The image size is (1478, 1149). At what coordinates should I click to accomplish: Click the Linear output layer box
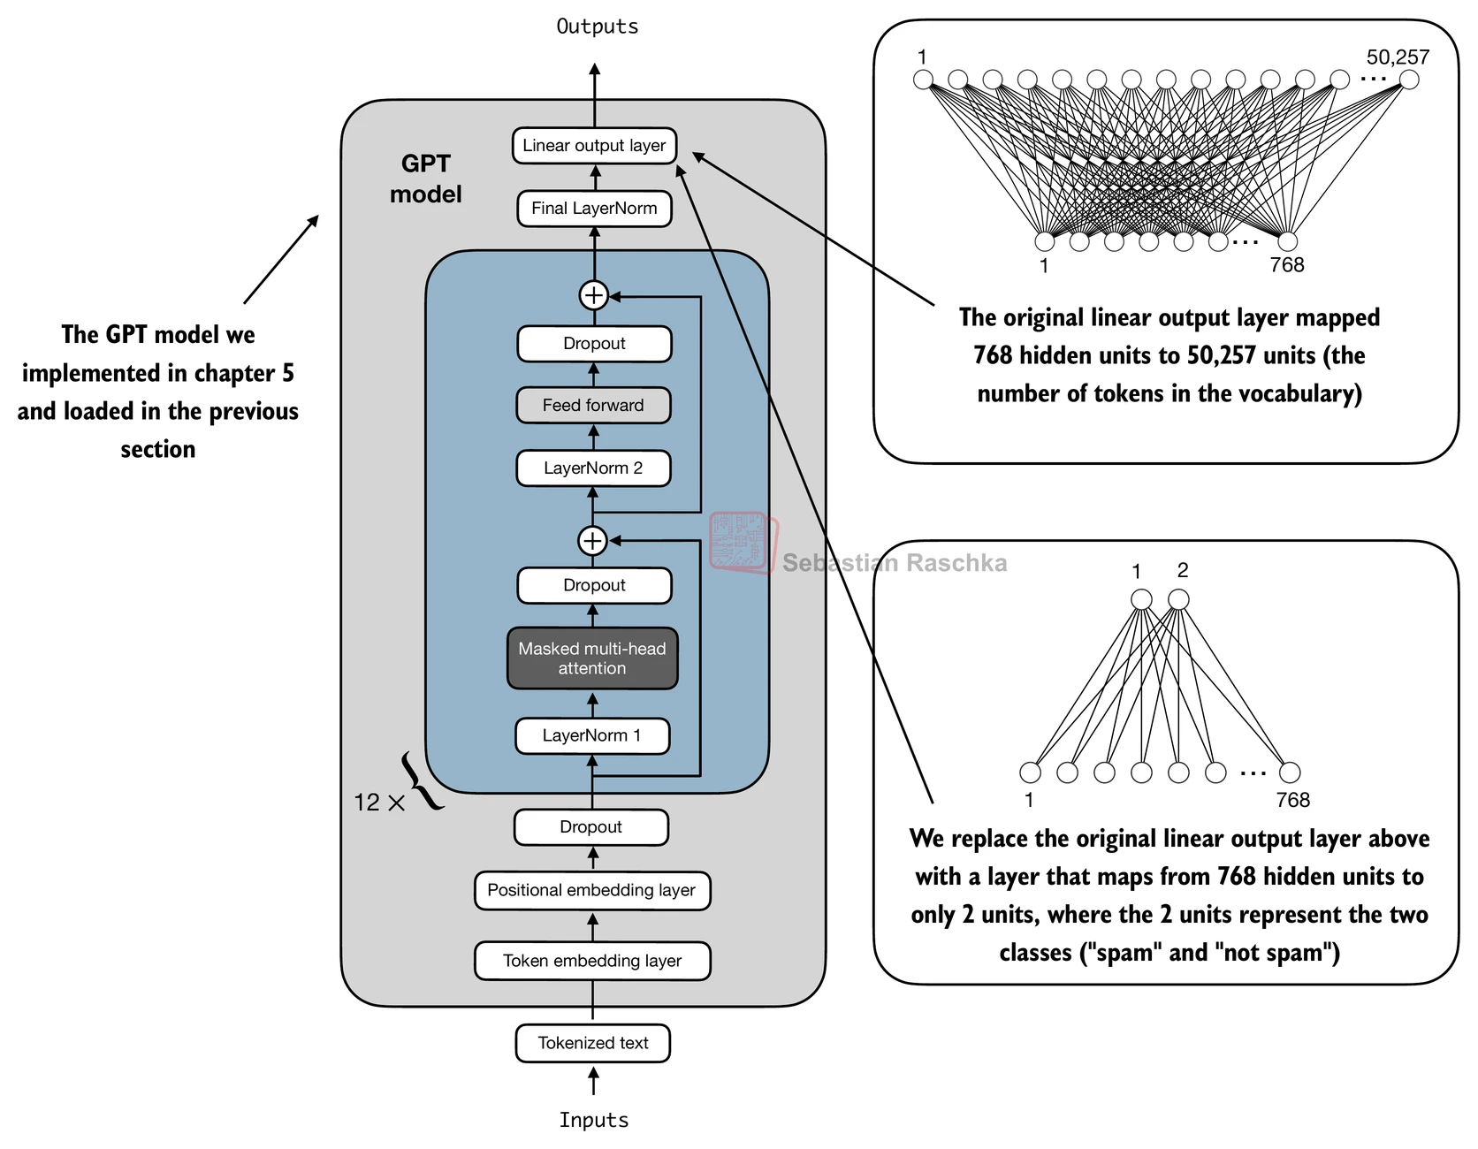594,146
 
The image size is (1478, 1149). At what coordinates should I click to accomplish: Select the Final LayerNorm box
594,209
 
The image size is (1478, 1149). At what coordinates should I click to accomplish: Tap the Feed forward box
593,406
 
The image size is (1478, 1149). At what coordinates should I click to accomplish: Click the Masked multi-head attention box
592,658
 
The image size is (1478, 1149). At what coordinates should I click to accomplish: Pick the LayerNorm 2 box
593,468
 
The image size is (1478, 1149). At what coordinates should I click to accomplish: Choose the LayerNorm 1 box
592,735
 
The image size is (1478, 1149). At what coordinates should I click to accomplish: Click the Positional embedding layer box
592,890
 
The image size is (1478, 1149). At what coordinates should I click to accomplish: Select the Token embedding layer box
592,961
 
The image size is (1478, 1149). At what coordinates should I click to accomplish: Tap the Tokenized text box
593,1043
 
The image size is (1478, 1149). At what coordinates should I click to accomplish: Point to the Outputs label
597,27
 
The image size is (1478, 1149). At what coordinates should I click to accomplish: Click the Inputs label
593,1120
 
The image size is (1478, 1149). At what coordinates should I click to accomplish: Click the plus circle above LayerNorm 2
592,540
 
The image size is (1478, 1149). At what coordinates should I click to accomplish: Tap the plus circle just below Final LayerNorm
594,295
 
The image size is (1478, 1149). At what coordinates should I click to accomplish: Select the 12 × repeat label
379,803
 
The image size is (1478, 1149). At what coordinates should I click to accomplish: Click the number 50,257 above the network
1398,57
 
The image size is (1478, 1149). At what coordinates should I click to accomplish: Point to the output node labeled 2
1178,600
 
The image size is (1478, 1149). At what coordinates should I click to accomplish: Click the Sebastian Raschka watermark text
895,563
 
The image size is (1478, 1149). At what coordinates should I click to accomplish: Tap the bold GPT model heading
426,179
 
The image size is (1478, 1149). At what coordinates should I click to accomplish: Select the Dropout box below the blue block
591,827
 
